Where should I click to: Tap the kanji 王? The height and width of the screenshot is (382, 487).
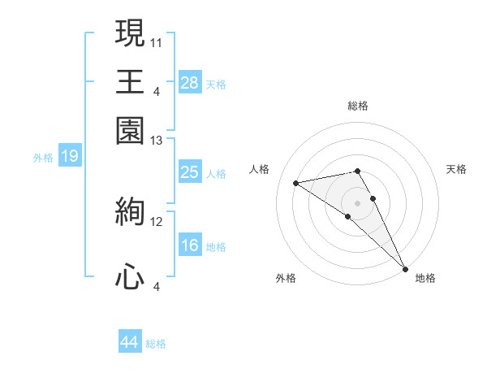coord(130,81)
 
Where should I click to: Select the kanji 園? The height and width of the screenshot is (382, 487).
coord(130,130)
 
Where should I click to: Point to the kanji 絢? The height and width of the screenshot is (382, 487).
coord(130,213)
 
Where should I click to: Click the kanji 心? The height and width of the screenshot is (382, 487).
coord(130,277)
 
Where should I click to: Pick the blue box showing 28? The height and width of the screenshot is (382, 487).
coord(190,83)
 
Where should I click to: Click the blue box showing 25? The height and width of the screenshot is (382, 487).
coord(190,172)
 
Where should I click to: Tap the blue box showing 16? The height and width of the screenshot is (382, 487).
coord(190,245)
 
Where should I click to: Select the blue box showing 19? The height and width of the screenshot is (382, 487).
coord(69,156)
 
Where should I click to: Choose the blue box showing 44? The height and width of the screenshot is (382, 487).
coord(130,342)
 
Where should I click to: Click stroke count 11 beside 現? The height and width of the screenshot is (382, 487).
coord(157,41)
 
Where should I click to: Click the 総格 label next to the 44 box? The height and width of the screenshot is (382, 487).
coord(156,344)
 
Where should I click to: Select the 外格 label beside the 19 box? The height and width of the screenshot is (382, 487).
coord(43,158)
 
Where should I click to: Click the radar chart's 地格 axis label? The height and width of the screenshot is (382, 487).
coord(425,278)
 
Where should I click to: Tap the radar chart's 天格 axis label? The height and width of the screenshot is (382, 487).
coord(456,169)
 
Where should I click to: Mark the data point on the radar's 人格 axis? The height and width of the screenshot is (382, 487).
coord(296,183)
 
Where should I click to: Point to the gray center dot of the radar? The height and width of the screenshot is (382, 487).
coord(358,202)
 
